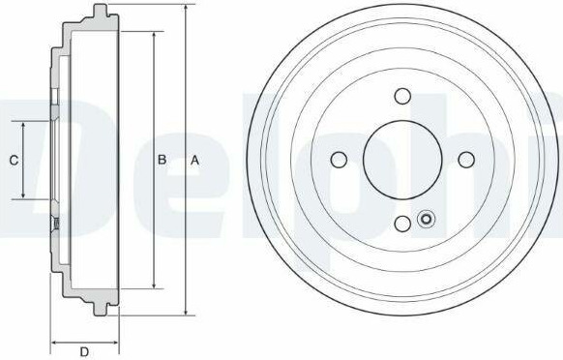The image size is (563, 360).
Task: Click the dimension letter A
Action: [x=194, y=161]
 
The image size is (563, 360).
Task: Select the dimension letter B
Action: [x=162, y=160]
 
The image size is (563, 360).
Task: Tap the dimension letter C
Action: [x=14, y=161]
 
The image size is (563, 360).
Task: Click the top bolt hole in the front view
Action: [x=402, y=96]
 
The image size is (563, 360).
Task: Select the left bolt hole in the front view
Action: [x=339, y=160]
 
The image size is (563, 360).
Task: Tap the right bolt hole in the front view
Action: [x=466, y=160]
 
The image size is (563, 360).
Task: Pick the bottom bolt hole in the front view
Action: [x=402, y=224]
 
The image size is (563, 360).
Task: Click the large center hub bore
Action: [x=402, y=160]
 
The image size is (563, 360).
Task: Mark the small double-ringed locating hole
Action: [x=427, y=219]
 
